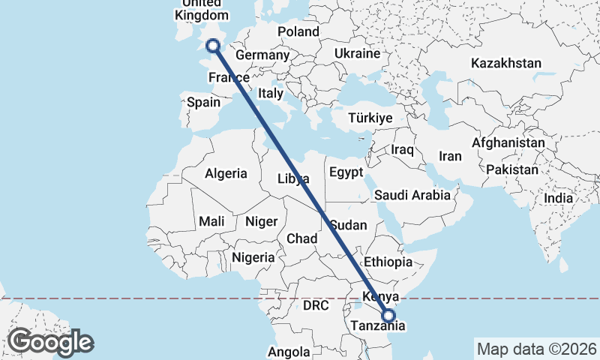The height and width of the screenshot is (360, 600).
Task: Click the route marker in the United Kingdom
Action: (214, 46)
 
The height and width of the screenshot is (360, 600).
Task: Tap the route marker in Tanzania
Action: (388, 316)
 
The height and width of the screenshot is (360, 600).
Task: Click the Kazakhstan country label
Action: (506, 63)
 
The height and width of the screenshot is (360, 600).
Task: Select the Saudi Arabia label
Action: (412, 195)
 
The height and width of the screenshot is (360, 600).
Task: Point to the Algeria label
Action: (226, 173)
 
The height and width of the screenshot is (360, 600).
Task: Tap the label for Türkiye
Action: (370, 118)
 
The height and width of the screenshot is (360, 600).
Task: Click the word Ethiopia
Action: (388, 262)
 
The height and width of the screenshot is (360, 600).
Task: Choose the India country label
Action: (559, 199)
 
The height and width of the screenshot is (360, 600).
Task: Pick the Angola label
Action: (289, 352)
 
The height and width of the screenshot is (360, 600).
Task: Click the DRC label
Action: (316, 306)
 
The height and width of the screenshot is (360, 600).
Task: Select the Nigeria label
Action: (253, 257)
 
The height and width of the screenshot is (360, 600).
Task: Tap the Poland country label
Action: (298, 31)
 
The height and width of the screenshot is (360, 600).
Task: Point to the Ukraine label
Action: (358, 54)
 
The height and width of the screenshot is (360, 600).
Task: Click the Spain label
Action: (203, 103)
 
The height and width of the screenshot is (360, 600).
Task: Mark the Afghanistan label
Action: (508, 142)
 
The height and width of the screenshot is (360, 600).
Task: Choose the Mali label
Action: (211, 221)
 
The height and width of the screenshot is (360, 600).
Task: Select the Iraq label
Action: (402, 150)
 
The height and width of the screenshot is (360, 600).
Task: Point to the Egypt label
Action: (346, 172)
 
